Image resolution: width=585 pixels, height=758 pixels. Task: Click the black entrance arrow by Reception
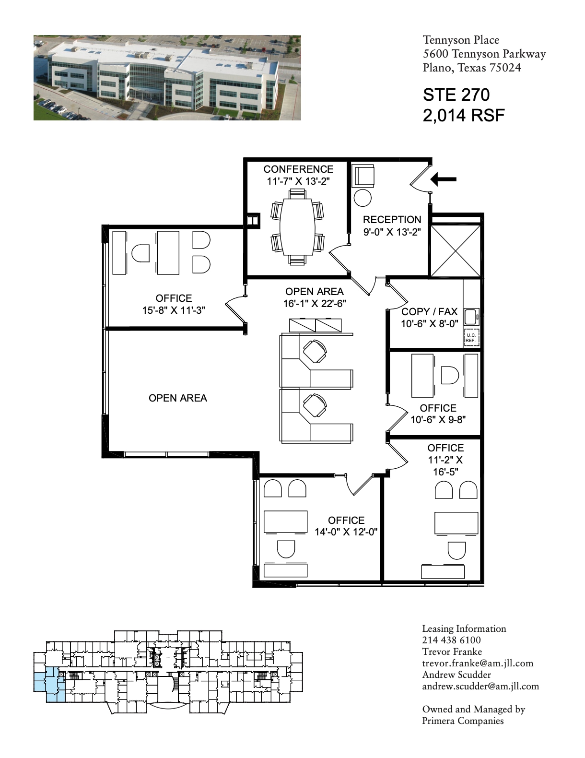443,179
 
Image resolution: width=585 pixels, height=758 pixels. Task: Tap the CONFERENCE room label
298,169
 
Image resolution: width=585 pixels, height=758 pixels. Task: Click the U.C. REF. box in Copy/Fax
471,338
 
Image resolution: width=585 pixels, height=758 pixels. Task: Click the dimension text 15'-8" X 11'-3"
174,310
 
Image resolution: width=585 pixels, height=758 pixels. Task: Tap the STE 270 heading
456,95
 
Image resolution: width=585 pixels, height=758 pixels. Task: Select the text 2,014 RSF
464,116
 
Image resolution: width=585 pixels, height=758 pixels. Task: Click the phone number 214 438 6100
451,640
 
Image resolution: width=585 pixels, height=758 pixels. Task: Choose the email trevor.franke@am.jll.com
478,663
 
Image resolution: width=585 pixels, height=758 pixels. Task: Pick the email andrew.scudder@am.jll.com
480,686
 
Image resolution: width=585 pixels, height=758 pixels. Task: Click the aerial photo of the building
167,78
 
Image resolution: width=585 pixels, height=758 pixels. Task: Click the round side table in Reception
363,198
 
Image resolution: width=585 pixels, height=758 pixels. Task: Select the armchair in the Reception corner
363,176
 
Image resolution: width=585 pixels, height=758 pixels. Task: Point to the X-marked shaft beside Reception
455,251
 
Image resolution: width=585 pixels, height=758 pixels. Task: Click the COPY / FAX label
429,312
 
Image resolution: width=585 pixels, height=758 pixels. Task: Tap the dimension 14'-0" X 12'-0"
346,532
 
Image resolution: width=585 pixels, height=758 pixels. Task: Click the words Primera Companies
463,721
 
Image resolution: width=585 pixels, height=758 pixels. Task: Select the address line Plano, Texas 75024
472,68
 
